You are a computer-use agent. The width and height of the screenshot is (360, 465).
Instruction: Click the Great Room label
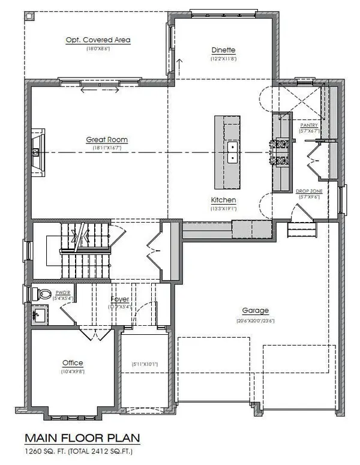point(107,140)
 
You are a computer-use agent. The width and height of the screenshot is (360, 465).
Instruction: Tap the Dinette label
point(223,50)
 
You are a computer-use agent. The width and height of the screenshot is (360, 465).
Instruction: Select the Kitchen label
point(223,200)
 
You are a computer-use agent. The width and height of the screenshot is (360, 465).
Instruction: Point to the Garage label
point(255,311)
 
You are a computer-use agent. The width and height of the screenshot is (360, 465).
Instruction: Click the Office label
point(73,363)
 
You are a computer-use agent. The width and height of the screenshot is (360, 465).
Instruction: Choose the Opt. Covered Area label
point(98,40)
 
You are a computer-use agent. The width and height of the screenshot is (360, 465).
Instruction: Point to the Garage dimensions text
point(255,320)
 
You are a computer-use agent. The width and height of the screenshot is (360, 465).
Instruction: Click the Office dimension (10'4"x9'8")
point(73,372)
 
